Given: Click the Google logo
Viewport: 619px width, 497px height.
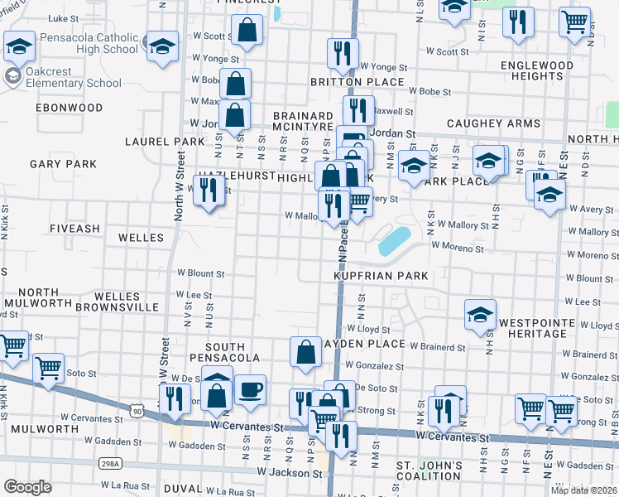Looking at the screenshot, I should point(27,487).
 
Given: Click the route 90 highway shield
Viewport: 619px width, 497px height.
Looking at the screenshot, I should point(136,409).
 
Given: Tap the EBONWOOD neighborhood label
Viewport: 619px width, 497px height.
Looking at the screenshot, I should point(70,108).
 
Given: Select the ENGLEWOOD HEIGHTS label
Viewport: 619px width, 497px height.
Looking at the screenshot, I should point(537,70).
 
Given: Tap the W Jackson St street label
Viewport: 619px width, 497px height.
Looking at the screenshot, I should point(289,473).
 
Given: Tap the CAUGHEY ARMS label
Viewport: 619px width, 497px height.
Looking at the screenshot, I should point(492,123).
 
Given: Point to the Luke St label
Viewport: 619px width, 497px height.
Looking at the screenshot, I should point(64,17).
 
